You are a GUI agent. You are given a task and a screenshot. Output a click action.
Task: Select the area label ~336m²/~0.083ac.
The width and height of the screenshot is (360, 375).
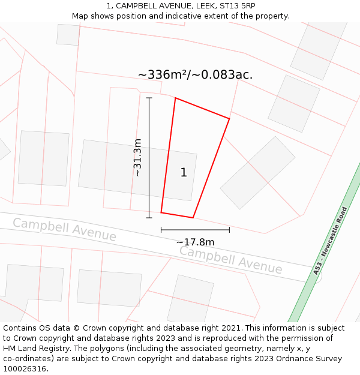(x=195, y=74)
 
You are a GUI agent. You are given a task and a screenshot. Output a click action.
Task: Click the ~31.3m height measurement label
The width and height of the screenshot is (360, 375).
(x=137, y=157)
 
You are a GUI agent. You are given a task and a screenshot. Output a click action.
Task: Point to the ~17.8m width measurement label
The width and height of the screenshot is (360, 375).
(x=195, y=242)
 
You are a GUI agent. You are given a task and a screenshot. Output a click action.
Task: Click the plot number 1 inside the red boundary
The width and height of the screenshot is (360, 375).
(x=184, y=173)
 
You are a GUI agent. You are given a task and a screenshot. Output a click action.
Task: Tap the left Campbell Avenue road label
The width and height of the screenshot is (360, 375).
(x=64, y=230)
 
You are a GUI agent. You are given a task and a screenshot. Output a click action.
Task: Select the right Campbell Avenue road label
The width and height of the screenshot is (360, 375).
(x=230, y=260)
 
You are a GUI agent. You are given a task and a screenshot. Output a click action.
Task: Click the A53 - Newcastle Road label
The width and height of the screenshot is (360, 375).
(x=331, y=241)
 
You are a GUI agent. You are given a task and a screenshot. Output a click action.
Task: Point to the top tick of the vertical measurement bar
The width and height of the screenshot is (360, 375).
(x=149, y=98)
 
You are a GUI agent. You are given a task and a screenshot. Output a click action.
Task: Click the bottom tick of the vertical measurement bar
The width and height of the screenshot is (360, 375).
(x=149, y=218)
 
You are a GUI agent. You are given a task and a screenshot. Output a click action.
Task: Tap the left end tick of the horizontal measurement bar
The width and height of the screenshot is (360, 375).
(x=161, y=229)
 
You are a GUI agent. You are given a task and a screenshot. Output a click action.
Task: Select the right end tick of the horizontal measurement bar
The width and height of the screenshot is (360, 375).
(x=229, y=229)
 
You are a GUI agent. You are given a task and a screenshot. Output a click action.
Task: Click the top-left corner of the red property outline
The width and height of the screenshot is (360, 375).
(x=175, y=98)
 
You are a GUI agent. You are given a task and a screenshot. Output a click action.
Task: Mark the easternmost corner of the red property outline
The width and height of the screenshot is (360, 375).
(x=229, y=118)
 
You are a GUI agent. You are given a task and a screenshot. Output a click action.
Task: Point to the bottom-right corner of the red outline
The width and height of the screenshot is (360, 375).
(x=193, y=217)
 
